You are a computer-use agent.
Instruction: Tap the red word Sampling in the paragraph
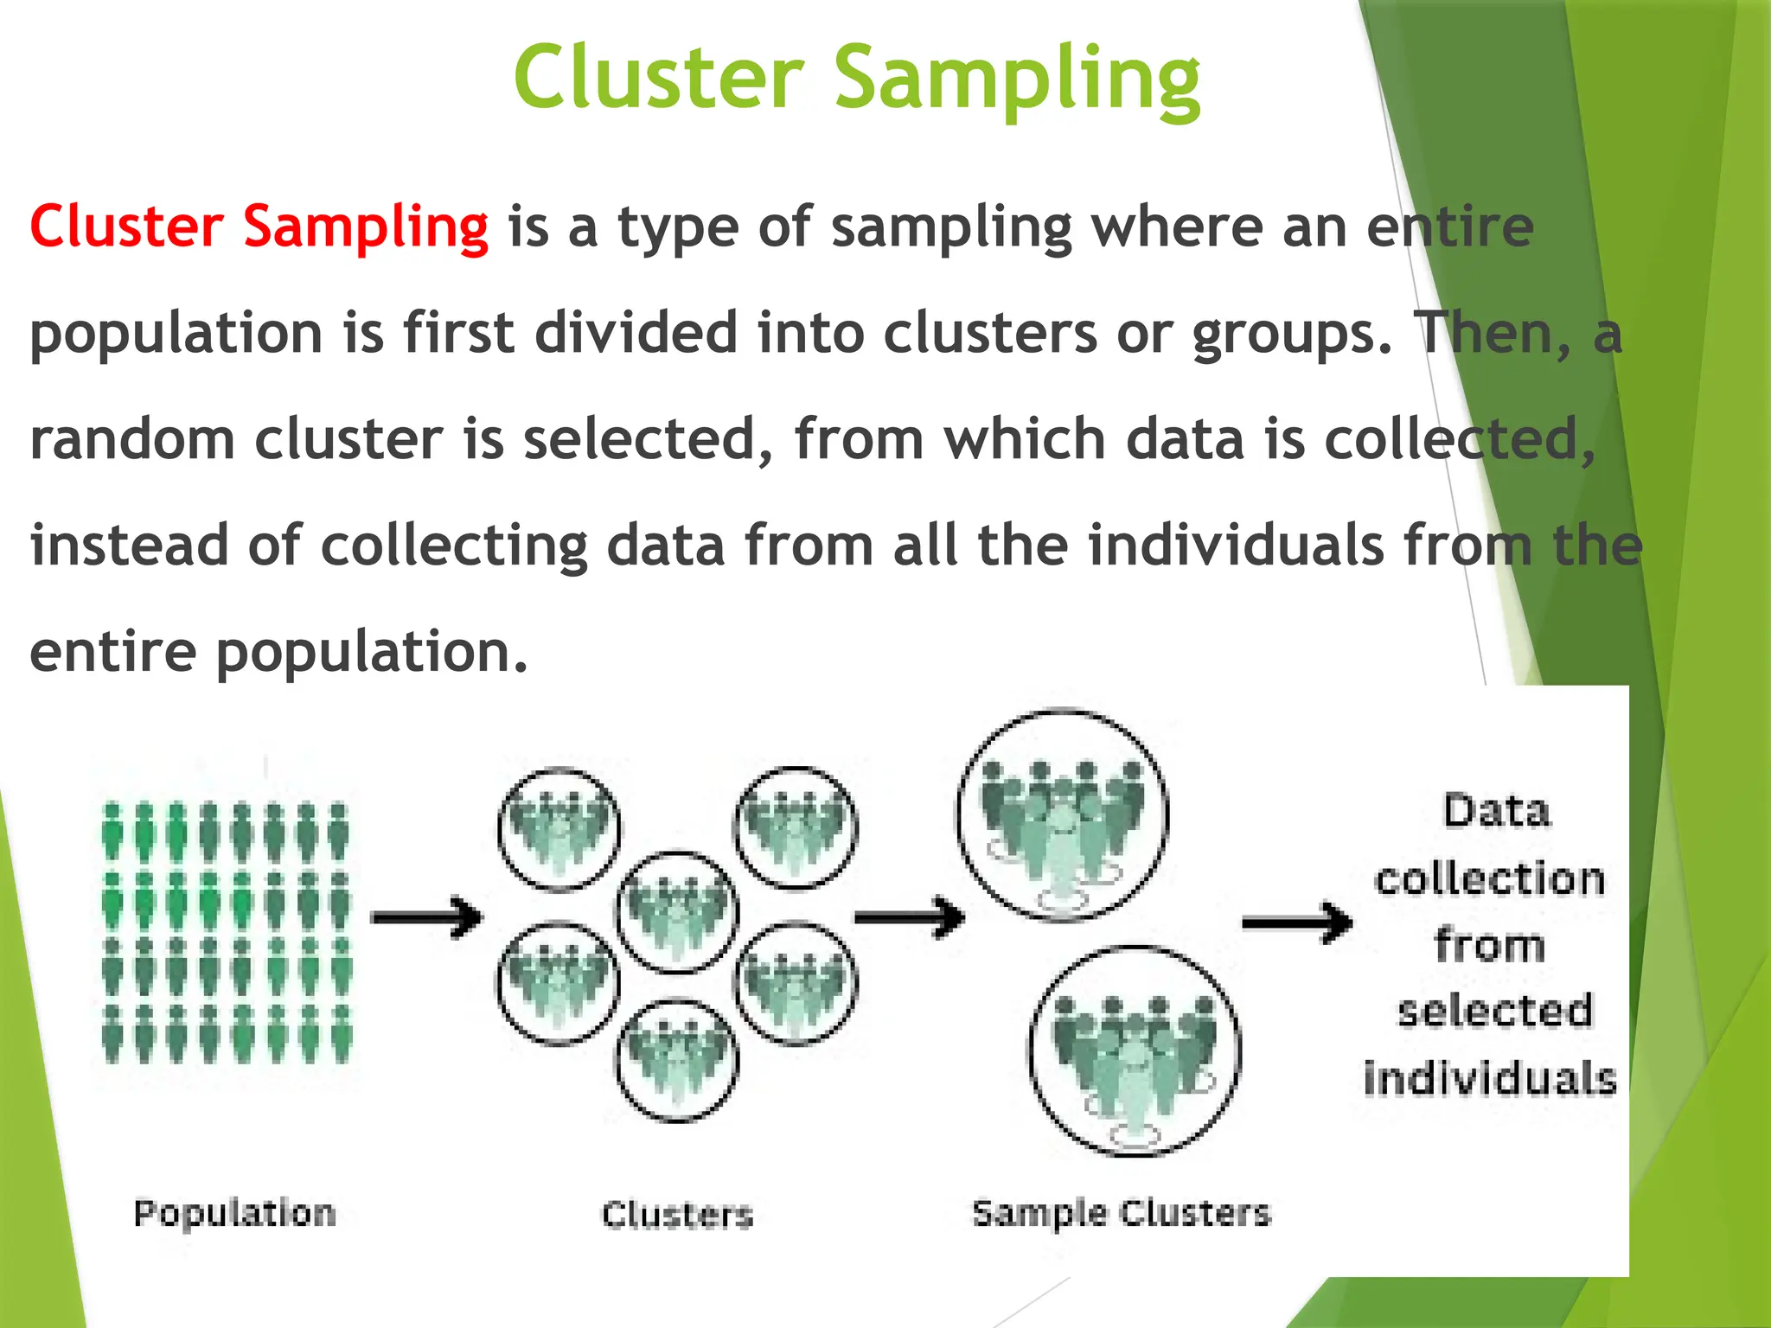(x=365, y=227)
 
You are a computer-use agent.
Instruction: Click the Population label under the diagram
(x=234, y=1213)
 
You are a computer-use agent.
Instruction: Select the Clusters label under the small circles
(x=678, y=1215)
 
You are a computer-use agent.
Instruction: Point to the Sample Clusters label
(x=1122, y=1213)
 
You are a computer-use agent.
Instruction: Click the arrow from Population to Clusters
(x=426, y=917)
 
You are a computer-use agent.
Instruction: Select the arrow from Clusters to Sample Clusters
(x=909, y=917)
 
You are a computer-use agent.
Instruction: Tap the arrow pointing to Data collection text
(x=1297, y=923)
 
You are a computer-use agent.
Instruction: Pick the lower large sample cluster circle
(x=1135, y=1051)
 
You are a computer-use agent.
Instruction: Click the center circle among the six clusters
(x=677, y=912)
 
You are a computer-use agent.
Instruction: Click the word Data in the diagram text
(x=1497, y=811)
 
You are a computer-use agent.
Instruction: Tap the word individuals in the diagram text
(x=1490, y=1078)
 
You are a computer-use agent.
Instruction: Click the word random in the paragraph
(x=132, y=439)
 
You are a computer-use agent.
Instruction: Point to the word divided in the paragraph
(x=636, y=333)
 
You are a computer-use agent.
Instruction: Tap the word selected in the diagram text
(x=1495, y=1010)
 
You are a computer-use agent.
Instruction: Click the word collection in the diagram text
(x=1490, y=878)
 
